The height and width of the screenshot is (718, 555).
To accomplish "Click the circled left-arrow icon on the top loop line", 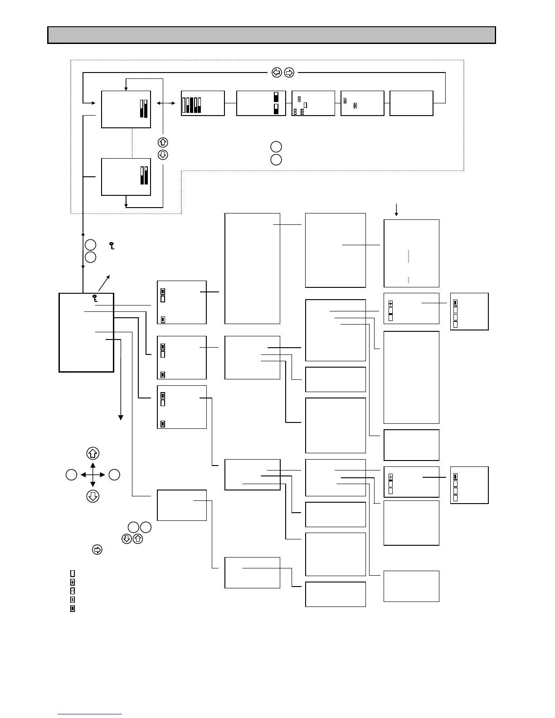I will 276,72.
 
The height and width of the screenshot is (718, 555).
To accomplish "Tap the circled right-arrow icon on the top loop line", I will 289,72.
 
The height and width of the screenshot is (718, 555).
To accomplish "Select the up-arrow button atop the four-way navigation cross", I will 92,453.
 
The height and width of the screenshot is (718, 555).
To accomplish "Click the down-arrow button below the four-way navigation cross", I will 92,496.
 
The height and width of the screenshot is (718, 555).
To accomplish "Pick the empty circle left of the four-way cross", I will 71,475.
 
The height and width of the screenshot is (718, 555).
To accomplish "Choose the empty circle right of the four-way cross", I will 114,475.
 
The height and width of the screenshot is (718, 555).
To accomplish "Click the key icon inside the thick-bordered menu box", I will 95,298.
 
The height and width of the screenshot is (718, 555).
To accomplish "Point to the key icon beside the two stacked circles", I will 112,246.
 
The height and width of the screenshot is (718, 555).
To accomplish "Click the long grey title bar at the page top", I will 271,35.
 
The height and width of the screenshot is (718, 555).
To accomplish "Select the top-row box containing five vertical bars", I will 203,103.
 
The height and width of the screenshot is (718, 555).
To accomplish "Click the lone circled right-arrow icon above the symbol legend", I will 97,550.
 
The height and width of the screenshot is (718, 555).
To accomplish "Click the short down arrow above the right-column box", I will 397,210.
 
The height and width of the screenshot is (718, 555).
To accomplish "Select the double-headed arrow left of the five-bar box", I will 166,103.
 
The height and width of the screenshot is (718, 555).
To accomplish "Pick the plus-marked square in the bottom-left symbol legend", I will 73,582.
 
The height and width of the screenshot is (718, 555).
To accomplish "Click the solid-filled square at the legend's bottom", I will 73,609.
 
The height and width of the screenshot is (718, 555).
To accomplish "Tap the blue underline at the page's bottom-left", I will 90,714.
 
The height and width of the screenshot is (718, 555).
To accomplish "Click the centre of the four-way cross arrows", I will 92,475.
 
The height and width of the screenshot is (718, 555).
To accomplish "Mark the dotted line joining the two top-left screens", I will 132,143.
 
